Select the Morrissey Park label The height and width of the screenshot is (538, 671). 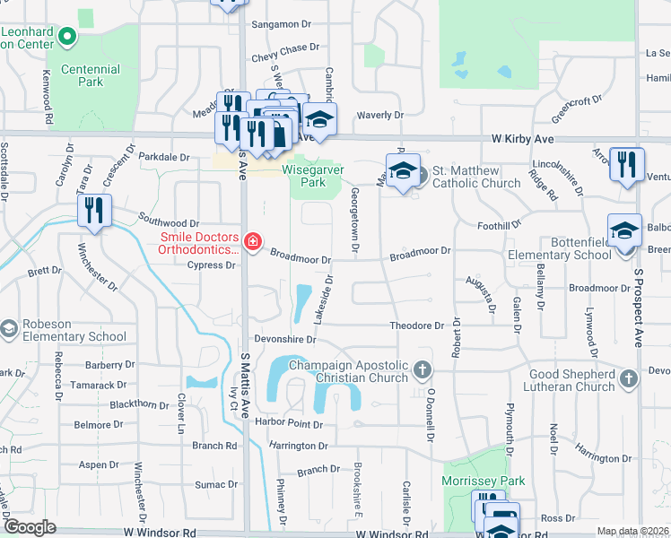coord(484,482)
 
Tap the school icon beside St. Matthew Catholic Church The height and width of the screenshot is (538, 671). coord(403,169)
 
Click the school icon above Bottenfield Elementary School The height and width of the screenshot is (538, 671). coord(624,230)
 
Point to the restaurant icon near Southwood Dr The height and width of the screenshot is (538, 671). coord(93,211)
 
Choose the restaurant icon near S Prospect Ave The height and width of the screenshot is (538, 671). coord(626,164)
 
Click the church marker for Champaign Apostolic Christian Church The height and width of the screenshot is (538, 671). coord(423,369)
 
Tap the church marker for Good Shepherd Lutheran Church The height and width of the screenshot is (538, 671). coord(628,379)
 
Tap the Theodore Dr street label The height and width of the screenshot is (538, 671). coord(416,325)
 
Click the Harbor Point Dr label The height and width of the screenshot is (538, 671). coord(288,422)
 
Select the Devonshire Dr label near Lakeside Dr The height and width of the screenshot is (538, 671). coord(285,340)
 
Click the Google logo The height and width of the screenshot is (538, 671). coord(30,527)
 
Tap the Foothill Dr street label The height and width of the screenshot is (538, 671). coord(500,226)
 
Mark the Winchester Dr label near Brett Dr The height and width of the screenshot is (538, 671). coord(97,267)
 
